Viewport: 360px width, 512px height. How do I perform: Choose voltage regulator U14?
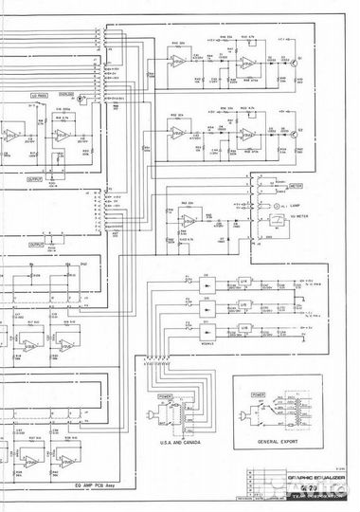243,283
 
